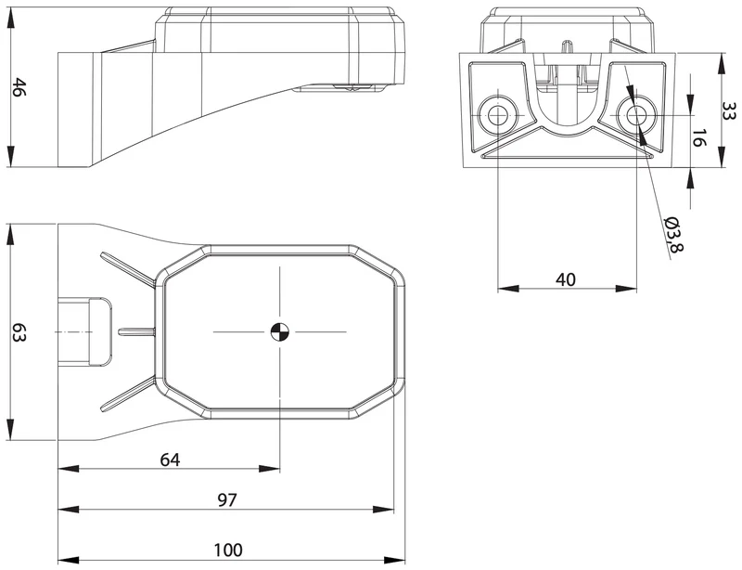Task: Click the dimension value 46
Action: tap(19, 87)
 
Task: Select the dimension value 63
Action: tap(19, 332)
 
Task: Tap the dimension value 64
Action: tap(170, 460)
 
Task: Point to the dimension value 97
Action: tap(226, 499)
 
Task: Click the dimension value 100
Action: tap(228, 550)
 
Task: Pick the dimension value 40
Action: tap(566, 279)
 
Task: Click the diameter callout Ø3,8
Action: tap(674, 235)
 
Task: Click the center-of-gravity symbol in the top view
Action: tap(280, 332)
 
